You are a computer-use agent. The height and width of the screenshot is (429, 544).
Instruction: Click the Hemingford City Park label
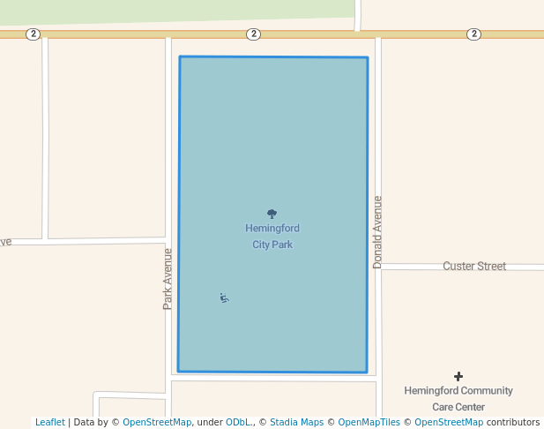[x=272, y=237]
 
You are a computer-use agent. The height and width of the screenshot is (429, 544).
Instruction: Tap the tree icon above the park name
[x=272, y=214]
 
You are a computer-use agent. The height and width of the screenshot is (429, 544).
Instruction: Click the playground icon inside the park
[x=225, y=298]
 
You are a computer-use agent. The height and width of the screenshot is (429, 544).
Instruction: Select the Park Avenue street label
[x=168, y=278]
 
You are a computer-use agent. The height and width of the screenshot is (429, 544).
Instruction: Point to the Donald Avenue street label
[x=377, y=232]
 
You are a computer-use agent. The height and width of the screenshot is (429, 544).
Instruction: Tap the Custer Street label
[x=474, y=266]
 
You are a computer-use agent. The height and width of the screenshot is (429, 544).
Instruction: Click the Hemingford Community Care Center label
[x=458, y=398]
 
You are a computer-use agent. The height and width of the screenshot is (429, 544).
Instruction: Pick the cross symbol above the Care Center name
[x=458, y=376]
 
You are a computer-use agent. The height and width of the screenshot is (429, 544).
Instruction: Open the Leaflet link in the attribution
[x=49, y=423]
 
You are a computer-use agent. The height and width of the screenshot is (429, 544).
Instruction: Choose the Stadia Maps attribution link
[x=296, y=423]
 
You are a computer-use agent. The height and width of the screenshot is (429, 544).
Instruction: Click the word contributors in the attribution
[x=513, y=423]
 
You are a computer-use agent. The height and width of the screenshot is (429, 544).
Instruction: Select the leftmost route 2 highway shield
[x=33, y=34]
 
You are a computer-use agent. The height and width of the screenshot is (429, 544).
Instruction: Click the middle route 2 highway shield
[x=254, y=34]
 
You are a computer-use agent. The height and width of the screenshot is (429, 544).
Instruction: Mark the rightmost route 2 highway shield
[x=474, y=34]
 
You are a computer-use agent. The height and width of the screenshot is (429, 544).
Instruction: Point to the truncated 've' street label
[x=5, y=241]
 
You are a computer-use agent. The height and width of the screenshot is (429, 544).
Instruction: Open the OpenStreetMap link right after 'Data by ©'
[x=157, y=423]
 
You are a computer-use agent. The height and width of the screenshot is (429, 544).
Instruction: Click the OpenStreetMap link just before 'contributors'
[x=449, y=423]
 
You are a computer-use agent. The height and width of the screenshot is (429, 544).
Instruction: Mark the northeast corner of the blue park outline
[x=367, y=58]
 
